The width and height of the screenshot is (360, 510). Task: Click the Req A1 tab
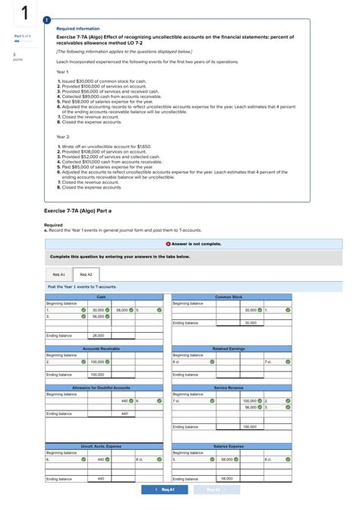click(x=58, y=274)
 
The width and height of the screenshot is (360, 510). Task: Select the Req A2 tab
click(x=86, y=274)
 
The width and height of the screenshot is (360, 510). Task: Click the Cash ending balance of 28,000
click(x=99, y=335)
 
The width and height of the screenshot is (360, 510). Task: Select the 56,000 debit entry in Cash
click(x=99, y=316)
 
